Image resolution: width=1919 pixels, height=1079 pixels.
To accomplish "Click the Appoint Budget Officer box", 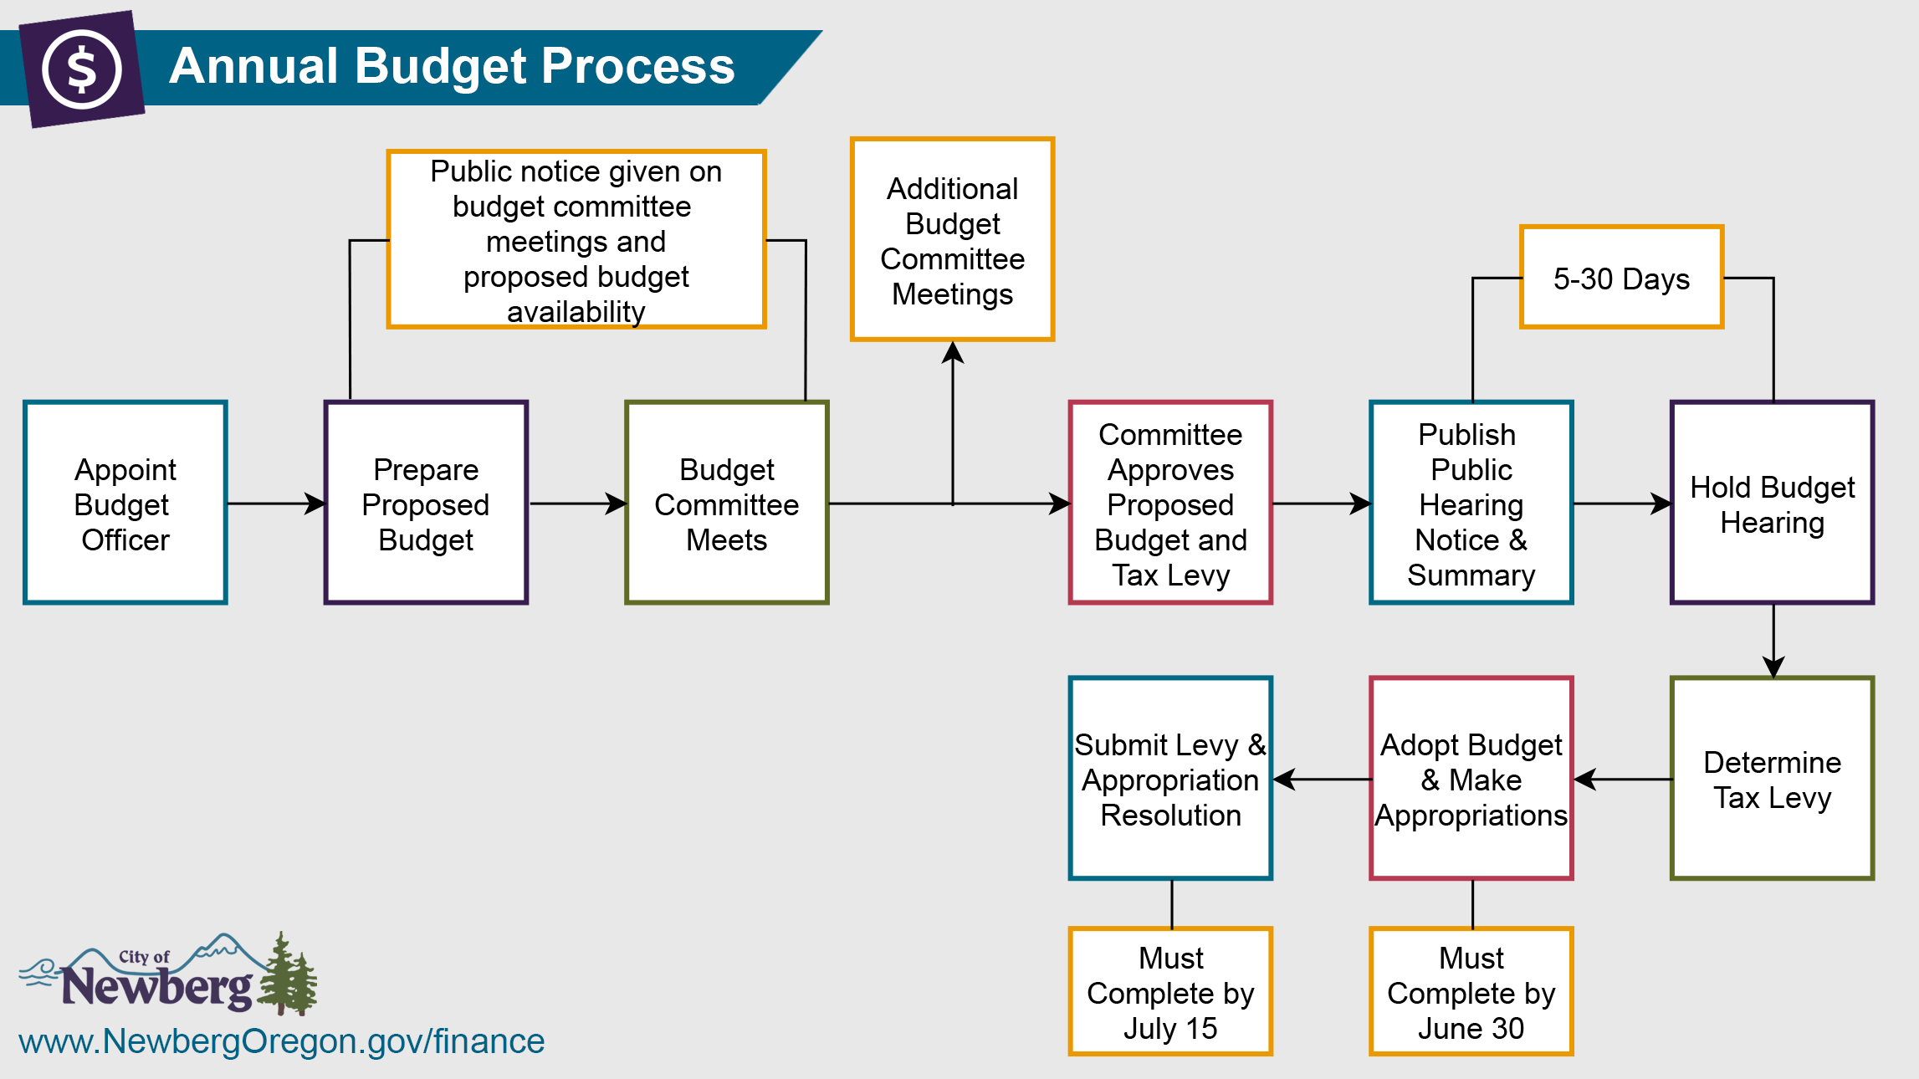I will pyautogui.click(x=125, y=503).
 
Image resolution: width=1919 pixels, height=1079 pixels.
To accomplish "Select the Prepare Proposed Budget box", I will pyautogui.click(x=426, y=503).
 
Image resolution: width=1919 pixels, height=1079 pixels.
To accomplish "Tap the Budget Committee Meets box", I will pyautogui.click(x=727, y=503).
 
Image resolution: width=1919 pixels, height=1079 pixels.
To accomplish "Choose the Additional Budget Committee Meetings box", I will pyautogui.click(x=952, y=240).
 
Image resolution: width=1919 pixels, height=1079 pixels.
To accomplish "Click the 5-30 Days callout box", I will pyautogui.click(x=1621, y=278).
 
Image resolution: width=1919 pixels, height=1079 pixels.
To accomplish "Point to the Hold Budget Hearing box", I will pyautogui.click(x=1772, y=503).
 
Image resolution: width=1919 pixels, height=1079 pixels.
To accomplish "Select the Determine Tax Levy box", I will pyautogui.click(x=1772, y=779).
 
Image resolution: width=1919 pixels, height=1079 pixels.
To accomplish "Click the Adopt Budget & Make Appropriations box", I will pyautogui.click(x=1471, y=779).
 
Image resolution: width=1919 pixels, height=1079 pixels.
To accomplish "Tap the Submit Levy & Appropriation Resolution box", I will pyautogui.click(x=1170, y=779).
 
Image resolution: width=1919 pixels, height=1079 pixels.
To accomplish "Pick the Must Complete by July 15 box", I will pyautogui.click(x=1170, y=992).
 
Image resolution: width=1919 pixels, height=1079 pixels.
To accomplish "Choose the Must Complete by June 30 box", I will pyautogui.click(x=1471, y=992).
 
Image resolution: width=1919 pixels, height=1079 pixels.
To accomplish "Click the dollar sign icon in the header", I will pyautogui.click(x=82, y=69).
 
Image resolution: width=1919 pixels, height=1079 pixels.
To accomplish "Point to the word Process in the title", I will pyautogui.click(x=637, y=66).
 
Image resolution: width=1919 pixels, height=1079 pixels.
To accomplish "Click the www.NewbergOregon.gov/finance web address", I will pyautogui.click(x=282, y=1041).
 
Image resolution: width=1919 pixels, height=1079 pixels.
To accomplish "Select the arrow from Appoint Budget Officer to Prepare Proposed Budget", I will pyautogui.click(x=276, y=504).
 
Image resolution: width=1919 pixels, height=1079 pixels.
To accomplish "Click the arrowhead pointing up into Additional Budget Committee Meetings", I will pyautogui.click(x=953, y=353).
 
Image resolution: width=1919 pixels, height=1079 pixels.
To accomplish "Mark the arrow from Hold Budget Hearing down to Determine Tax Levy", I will pyautogui.click(x=1773, y=641).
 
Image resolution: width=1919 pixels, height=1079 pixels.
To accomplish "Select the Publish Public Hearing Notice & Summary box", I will pyautogui.click(x=1471, y=503).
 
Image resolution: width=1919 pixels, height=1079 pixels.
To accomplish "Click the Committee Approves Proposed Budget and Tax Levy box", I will pyautogui.click(x=1170, y=503).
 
